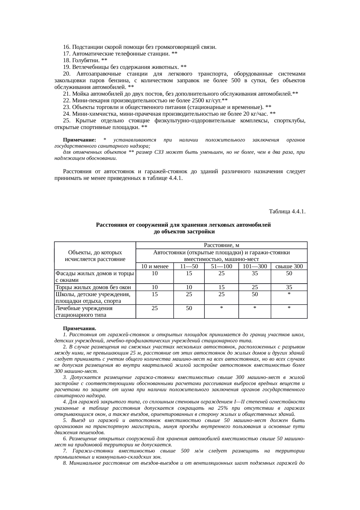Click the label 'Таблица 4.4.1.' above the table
coord(287,212)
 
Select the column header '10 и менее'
coord(155,266)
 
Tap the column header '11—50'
coord(189,266)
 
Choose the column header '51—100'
coord(221,266)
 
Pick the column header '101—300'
coord(255,266)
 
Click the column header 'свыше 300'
coord(289,266)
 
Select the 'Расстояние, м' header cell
coord(222,246)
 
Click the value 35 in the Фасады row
coord(255,273)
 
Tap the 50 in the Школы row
coord(255,294)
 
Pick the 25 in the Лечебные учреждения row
coord(155,308)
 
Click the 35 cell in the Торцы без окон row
coord(289,287)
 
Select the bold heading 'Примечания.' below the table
coord(80,329)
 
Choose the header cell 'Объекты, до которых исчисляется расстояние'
coord(95,256)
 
